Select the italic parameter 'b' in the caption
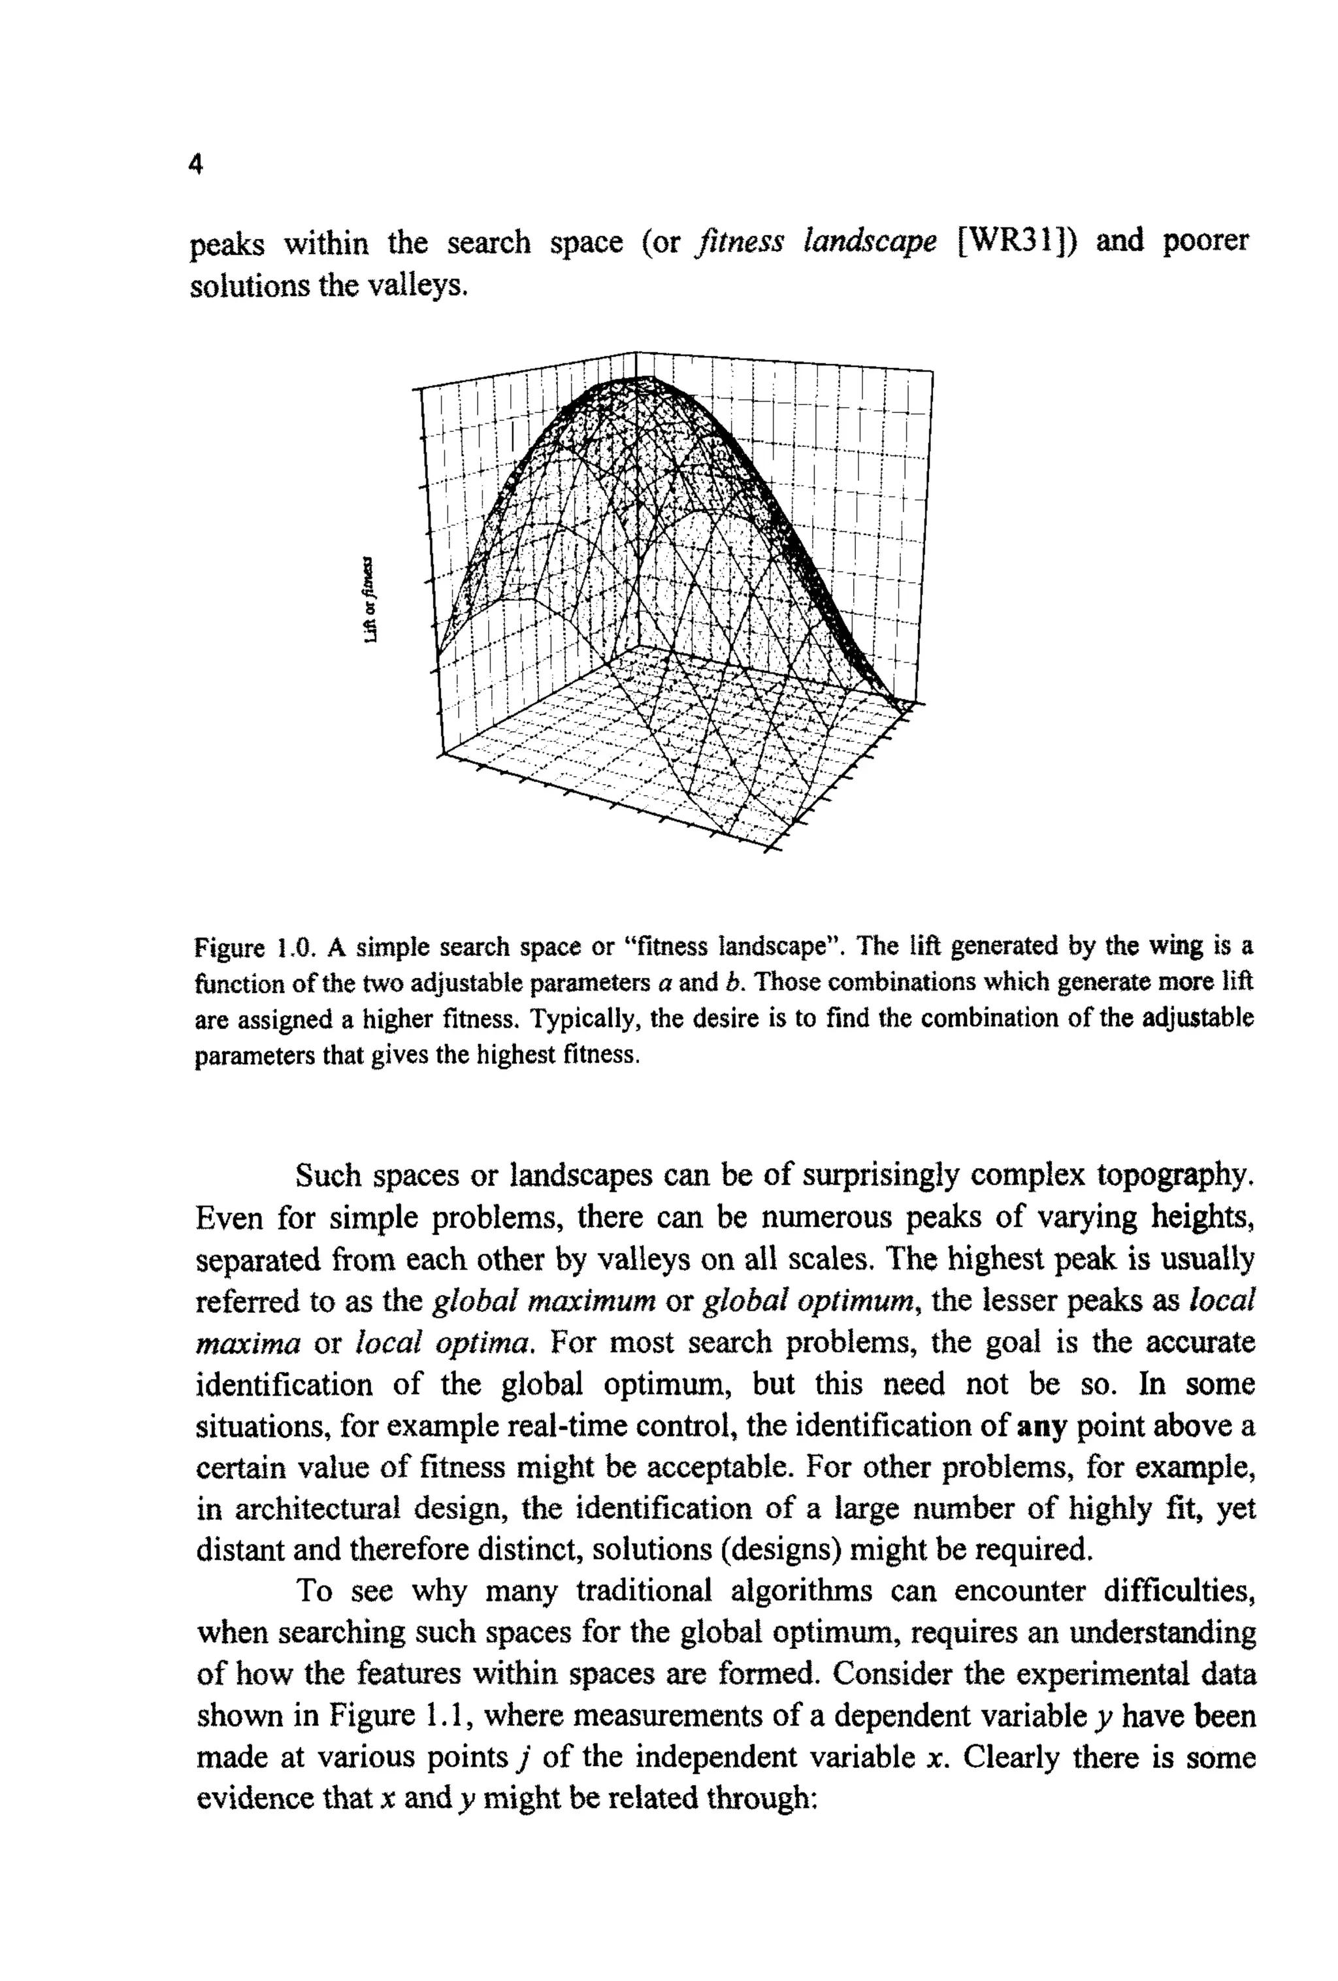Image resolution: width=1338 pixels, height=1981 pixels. (x=733, y=983)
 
